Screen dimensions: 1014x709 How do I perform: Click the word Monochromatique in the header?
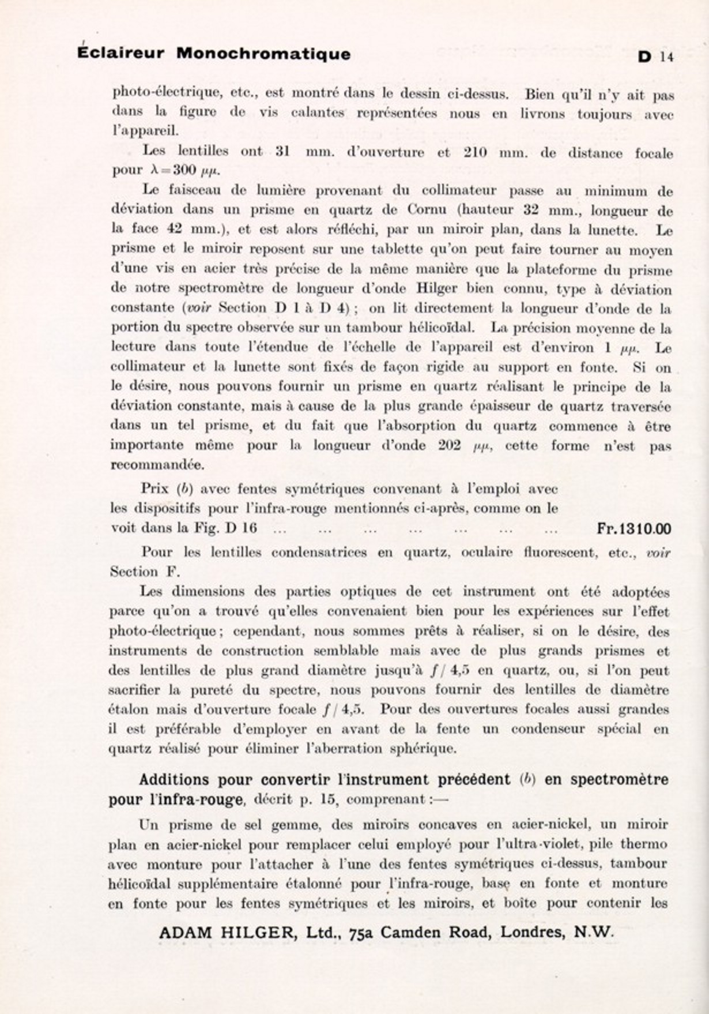click(263, 54)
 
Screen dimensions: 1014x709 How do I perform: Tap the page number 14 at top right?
click(667, 57)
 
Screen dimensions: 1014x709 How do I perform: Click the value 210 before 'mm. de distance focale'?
click(476, 153)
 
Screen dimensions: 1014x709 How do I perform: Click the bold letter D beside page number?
click(644, 57)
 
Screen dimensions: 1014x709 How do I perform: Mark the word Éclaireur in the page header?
click(120, 54)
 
